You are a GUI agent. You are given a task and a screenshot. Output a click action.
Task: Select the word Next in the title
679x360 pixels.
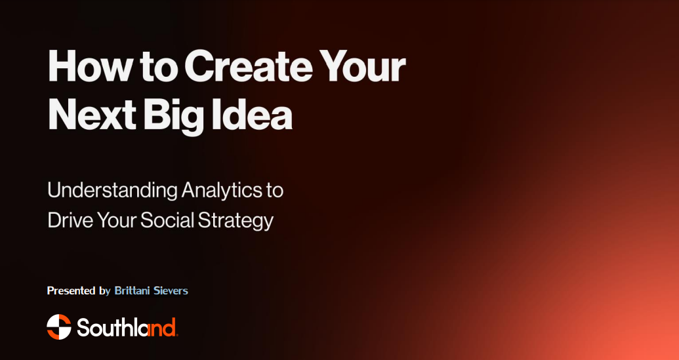(x=90, y=116)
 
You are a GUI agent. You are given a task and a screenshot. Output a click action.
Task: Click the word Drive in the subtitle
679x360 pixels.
(x=69, y=220)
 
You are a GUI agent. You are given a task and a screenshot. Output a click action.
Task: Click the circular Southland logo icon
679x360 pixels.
(x=59, y=327)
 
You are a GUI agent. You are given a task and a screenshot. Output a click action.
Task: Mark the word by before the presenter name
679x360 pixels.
(x=105, y=290)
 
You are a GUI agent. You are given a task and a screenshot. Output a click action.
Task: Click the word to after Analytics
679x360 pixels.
(x=275, y=191)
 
